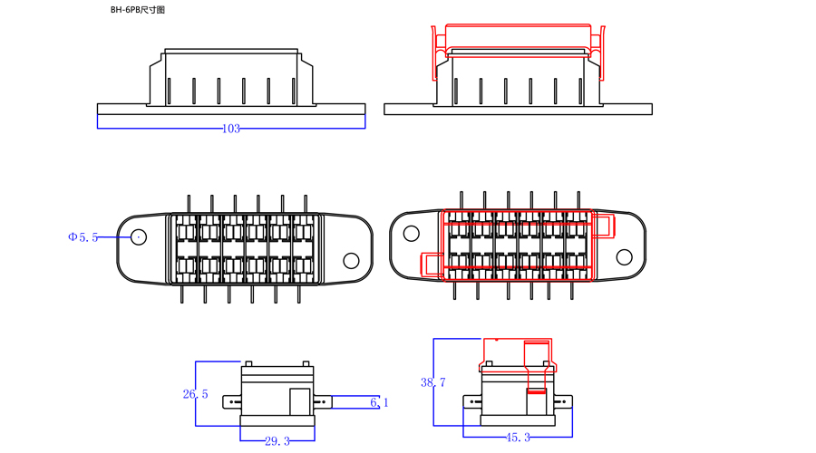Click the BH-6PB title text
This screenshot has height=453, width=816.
tap(138, 10)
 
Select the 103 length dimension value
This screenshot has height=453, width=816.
tap(231, 129)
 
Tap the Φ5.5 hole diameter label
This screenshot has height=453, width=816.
tap(83, 237)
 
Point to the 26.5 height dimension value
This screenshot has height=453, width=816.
tap(195, 394)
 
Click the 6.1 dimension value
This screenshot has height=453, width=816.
tap(379, 402)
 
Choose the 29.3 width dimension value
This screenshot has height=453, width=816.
tap(277, 441)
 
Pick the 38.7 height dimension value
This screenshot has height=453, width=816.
tap(433, 382)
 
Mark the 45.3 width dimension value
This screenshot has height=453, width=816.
tap(518, 438)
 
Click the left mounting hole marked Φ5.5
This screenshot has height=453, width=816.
tap(139, 237)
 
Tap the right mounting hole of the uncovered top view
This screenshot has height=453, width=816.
tap(351, 261)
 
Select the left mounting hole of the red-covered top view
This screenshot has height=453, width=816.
tap(411, 234)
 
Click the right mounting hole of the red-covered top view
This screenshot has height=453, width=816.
tap(624, 257)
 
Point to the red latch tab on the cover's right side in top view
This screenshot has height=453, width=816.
tap(604, 226)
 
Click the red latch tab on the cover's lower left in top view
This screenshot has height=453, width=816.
tap(432, 264)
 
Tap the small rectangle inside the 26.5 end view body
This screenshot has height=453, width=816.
tap(300, 401)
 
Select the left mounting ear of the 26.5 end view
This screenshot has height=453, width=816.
tap(232, 402)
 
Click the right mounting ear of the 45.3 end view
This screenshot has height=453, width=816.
tap(564, 401)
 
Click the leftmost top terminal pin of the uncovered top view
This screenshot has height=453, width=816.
tap(189, 204)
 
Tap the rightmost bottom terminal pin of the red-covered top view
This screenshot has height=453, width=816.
tap(572, 290)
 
